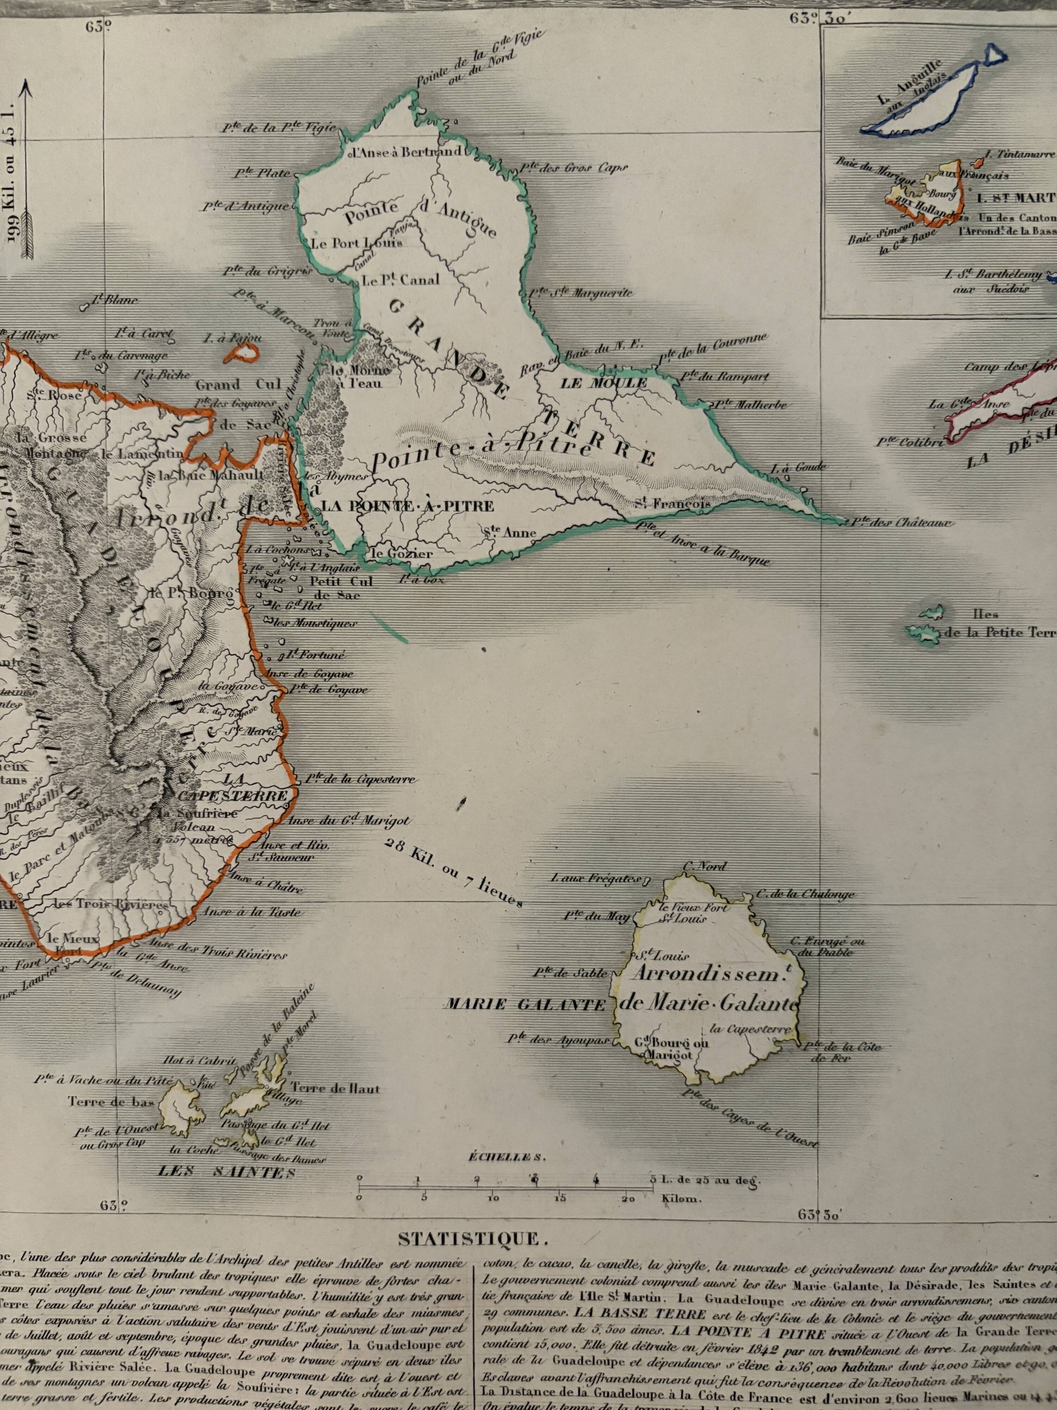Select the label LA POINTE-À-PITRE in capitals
pyautogui.click(x=408, y=506)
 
